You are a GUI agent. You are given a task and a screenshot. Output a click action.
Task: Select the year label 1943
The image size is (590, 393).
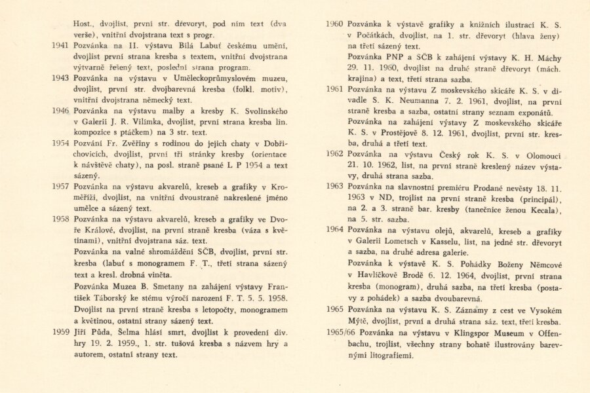coord(60,77)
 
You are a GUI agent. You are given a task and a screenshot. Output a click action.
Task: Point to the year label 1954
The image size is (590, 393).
coord(60,143)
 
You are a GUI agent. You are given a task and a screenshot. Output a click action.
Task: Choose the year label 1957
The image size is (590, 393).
coord(60,186)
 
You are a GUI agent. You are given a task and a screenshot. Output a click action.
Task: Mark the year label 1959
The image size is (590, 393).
coord(60,332)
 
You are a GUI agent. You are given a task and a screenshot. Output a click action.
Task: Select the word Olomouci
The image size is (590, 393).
coord(540,155)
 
